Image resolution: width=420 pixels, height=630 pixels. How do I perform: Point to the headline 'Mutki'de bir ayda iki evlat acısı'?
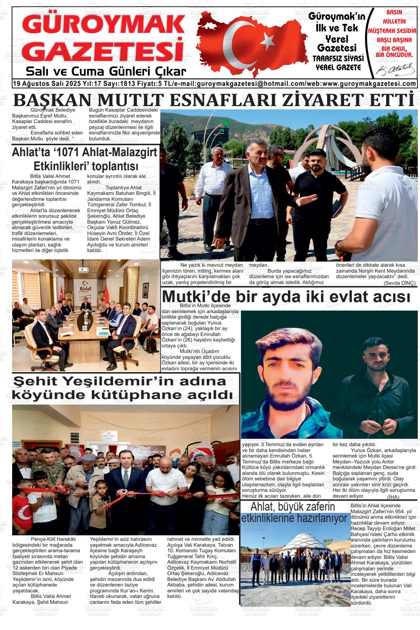[286, 297]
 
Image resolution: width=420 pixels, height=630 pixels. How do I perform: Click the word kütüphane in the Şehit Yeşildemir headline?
[129, 395]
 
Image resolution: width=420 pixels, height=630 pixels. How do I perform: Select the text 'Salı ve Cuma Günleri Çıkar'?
[106, 71]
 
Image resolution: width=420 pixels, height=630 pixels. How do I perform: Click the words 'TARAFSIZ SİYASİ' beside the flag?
[338, 59]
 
